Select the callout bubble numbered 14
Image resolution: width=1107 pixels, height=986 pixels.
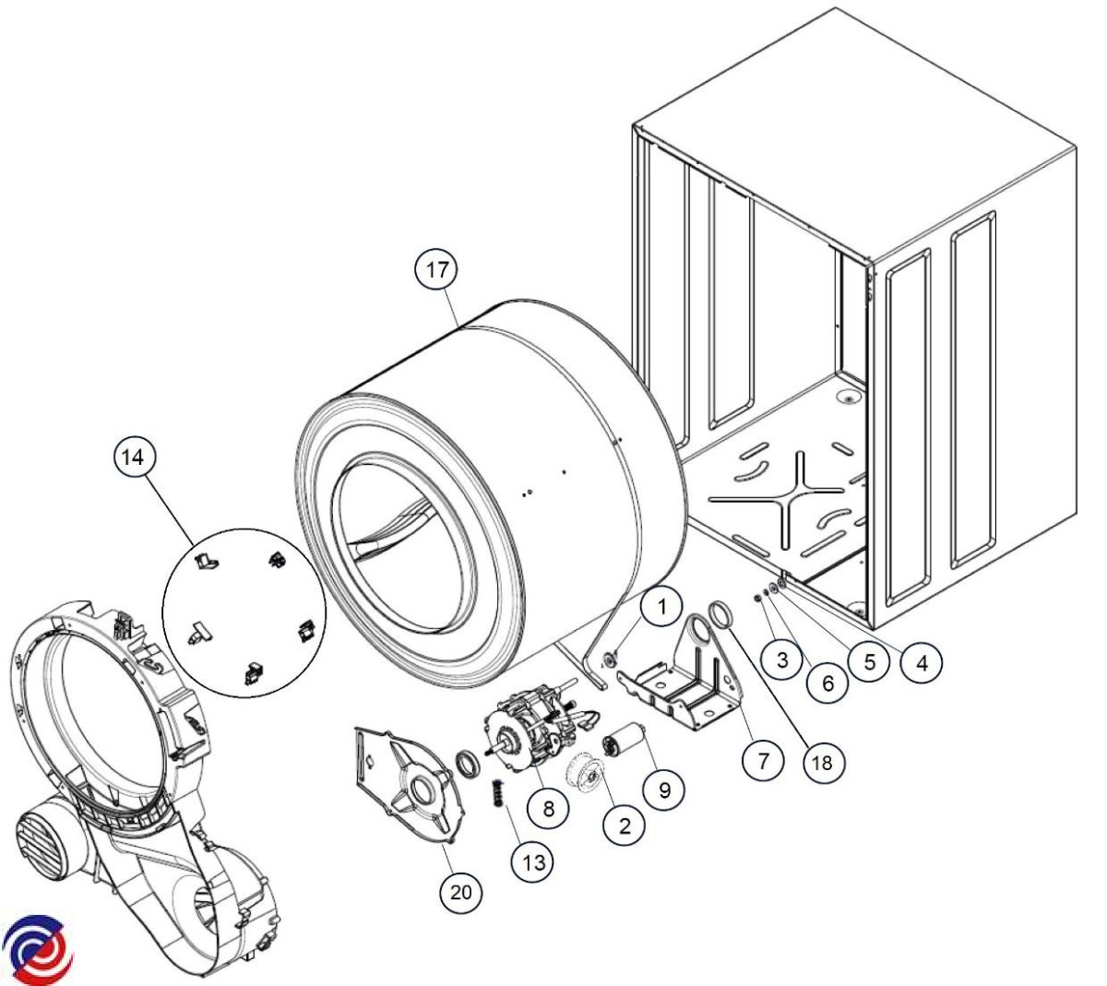pos(136,458)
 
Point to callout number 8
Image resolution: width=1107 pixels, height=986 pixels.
pos(549,809)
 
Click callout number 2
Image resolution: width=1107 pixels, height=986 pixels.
pos(625,826)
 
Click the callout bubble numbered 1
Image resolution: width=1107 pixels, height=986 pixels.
pos(661,606)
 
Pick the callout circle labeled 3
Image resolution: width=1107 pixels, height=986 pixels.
pos(782,659)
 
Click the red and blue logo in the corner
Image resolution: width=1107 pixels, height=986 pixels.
pos(37,948)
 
